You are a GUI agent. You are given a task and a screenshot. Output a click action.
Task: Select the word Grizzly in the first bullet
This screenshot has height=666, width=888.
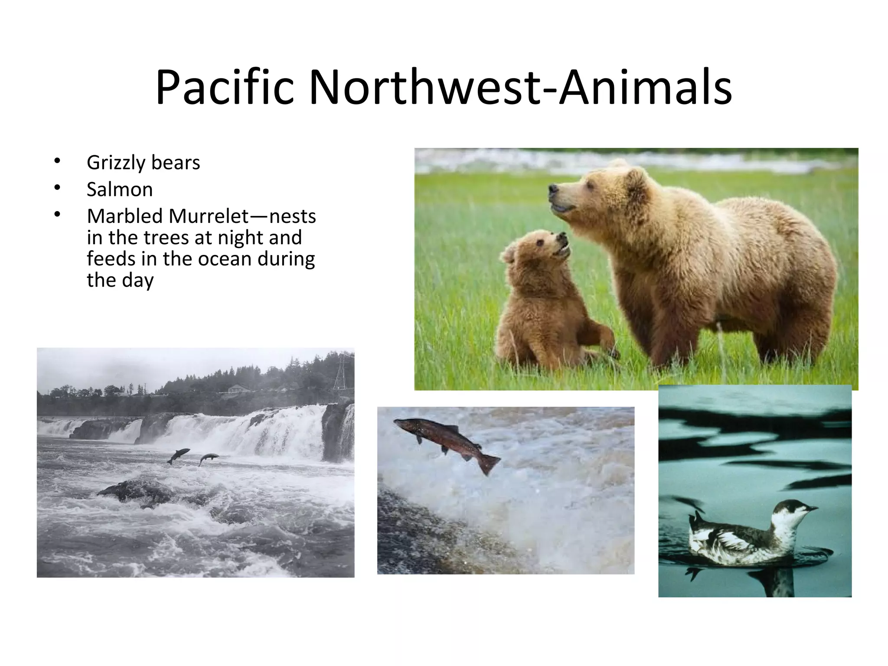point(115,163)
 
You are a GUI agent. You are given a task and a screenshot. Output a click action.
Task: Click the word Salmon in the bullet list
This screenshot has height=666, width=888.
point(120,189)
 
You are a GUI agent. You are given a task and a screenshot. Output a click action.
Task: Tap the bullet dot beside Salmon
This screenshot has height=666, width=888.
point(57,187)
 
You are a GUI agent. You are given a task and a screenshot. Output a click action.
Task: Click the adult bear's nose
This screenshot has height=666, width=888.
point(553,189)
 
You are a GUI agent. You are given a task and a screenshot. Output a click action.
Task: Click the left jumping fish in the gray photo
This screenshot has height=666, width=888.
point(178,455)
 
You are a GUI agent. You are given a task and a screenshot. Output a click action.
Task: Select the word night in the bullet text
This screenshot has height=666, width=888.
point(241,238)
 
